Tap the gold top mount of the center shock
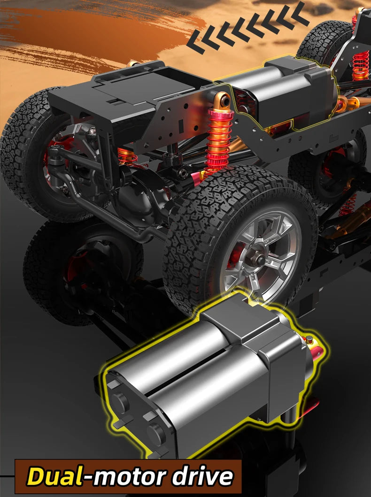pyautogui.click(x=223, y=100)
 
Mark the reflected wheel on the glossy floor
pyautogui.click(x=80, y=272)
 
